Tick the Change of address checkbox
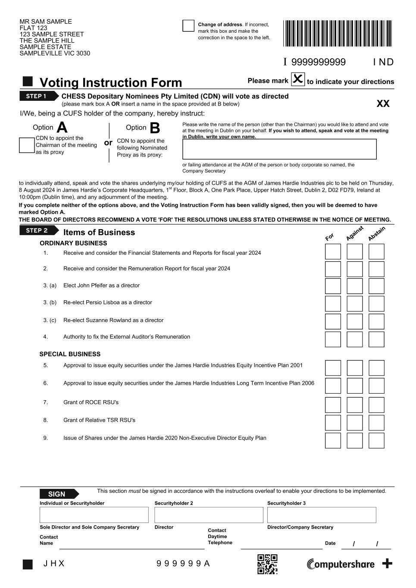click(188, 26)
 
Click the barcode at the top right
click(338, 33)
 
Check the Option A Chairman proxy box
click(27, 145)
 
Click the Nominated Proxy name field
click(279, 149)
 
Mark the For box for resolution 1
click(333, 252)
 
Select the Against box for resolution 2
click(355, 269)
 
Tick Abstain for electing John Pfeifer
click(376, 286)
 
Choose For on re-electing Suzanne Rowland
click(333, 321)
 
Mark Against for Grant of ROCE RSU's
click(355, 405)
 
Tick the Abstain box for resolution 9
click(376, 440)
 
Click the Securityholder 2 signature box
click(209, 515)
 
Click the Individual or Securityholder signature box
click(94, 515)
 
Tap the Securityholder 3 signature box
click(322, 515)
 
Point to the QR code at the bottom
click(267, 564)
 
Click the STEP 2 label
click(38, 230)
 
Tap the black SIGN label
click(58, 494)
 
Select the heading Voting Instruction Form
click(111, 82)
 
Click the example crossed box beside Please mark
click(298, 79)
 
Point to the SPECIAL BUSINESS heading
click(70, 354)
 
